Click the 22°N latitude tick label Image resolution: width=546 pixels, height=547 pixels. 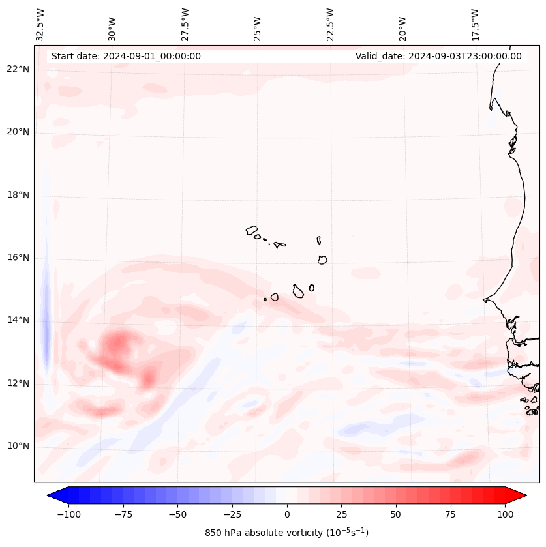point(18,70)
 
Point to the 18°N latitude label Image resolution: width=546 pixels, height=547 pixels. point(18,195)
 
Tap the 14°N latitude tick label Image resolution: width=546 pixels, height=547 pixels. point(18,320)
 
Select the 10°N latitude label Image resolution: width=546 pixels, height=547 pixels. point(18,446)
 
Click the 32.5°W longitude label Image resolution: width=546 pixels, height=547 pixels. point(40,24)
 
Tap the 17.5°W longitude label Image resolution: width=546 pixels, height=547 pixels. point(475,24)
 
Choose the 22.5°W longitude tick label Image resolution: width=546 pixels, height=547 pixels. point(330,24)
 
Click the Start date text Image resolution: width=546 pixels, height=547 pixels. point(126,56)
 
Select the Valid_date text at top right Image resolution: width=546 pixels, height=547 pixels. point(438,56)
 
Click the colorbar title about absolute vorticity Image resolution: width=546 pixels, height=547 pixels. point(286,533)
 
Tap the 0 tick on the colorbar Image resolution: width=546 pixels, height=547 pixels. point(286,514)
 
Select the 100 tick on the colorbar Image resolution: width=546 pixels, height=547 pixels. point(505,514)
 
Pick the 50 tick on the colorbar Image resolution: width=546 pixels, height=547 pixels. point(395,514)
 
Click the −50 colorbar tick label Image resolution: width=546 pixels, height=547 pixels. point(177,514)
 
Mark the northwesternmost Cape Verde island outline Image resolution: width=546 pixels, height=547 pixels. point(252,230)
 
